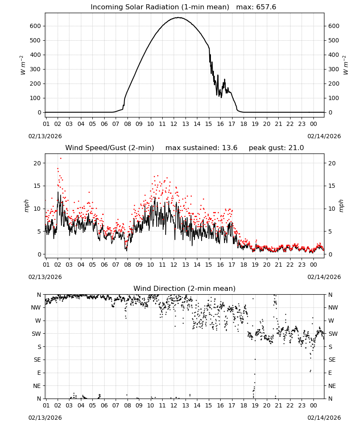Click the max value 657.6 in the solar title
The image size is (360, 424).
click(266, 7)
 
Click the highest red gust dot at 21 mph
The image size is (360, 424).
click(61, 158)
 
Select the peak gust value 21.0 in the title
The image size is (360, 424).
click(296, 148)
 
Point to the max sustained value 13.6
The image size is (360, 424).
click(230, 148)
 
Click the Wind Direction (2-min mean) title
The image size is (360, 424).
click(185, 288)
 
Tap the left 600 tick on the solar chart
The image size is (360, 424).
click(36, 26)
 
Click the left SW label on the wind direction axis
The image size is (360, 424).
click(36, 334)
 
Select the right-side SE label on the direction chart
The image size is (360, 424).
click(332, 360)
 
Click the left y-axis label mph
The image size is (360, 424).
click(26, 206)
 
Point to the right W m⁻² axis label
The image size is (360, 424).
click(346, 65)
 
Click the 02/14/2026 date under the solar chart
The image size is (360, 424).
click(324, 136)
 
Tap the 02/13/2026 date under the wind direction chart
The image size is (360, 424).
click(45, 418)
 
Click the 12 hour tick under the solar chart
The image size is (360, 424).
click(174, 124)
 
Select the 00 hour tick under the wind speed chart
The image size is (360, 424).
click(313, 265)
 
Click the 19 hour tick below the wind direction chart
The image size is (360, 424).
click(255, 405)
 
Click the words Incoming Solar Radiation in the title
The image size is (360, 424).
click(135, 7)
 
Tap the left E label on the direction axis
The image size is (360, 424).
click(39, 373)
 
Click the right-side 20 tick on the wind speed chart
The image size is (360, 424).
click(332, 163)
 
